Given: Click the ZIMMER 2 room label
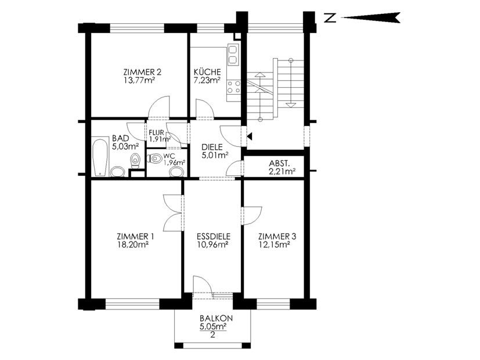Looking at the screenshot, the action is (142, 72).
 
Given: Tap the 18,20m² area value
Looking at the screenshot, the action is (132, 244).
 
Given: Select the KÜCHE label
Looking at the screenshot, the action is (207, 71).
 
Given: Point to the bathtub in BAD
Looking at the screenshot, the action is (100, 158).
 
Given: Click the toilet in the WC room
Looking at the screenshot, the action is (154, 159).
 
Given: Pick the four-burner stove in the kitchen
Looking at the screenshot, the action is (233, 87).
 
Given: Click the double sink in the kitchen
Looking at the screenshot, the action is (233, 55).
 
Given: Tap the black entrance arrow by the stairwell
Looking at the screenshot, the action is (250, 136).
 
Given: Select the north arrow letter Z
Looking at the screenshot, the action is (330, 18).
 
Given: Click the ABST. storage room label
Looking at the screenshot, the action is (279, 163).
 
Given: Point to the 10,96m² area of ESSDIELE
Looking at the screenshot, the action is (214, 244).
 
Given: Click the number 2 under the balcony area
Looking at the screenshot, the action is (213, 335).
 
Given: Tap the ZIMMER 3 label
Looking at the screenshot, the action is (277, 236).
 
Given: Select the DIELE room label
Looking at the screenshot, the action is (212, 147).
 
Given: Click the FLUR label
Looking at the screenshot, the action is (157, 133).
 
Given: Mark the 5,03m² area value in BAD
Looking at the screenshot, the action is (125, 146).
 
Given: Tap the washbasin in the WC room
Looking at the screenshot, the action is (177, 172).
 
